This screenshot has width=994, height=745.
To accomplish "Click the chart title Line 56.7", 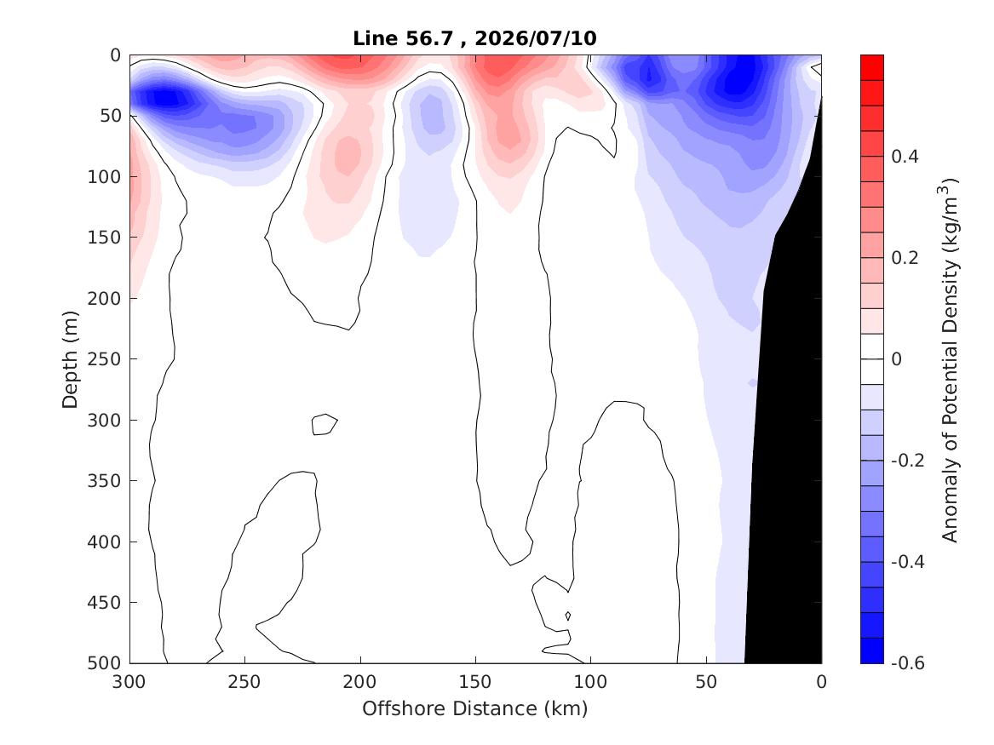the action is [403, 38].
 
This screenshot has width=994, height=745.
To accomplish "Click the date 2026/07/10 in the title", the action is [536, 38].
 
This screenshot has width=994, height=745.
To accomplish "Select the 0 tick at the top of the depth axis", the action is [115, 55].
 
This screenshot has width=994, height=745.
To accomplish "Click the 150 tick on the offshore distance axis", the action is [475, 682].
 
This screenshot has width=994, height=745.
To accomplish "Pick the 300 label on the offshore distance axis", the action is [129, 682].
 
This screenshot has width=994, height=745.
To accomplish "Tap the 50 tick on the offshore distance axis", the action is [706, 682].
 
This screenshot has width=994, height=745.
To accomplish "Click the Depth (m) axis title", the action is [70, 359].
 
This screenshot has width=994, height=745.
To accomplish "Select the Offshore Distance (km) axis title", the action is [475, 708].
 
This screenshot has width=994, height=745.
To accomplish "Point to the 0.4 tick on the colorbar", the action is [905, 157].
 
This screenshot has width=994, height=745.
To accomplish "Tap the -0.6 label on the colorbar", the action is [908, 663].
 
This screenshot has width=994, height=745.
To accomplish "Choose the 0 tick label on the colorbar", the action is [896, 359].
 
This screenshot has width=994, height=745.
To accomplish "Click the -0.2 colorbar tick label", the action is [908, 461].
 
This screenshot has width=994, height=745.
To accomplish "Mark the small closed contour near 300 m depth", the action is [325, 425].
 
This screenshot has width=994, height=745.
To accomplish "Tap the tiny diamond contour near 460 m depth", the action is [568, 616].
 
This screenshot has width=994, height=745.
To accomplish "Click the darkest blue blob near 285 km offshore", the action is [166, 98].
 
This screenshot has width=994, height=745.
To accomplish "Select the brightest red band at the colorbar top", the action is [871, 68].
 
